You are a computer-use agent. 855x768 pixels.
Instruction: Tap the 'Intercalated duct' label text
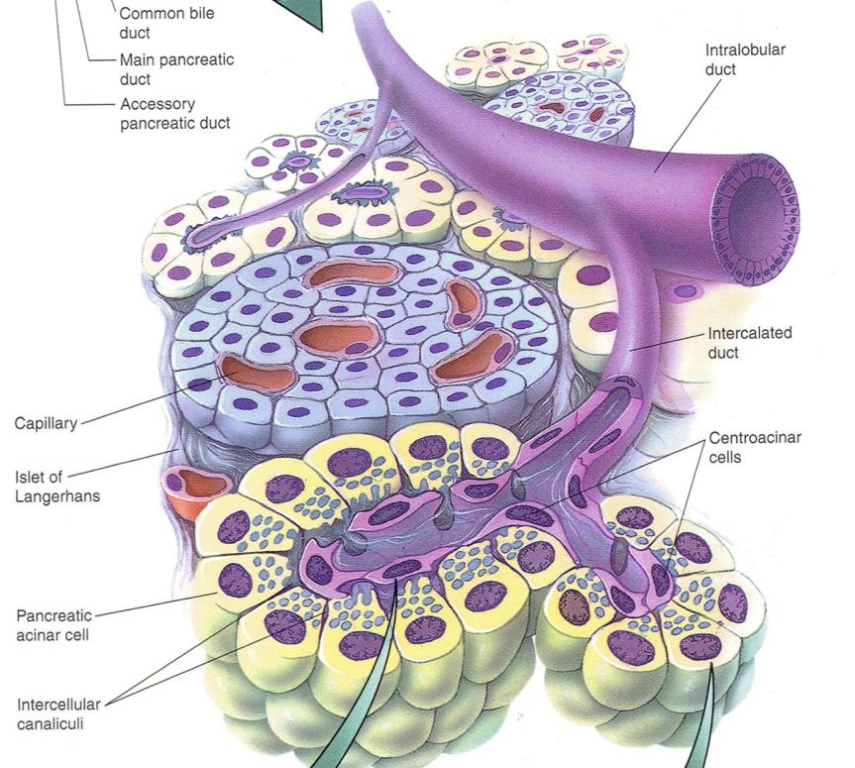pos(751,342)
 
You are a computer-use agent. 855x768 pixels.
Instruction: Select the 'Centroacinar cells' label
pos(752,447)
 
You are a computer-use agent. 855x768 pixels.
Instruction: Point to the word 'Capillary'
pos(46,424)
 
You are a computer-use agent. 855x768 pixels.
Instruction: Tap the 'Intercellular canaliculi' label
pos(58,714)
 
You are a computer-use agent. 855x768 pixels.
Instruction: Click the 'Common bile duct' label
pos(165,23)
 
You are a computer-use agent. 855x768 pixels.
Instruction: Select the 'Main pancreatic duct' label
pos(176,68)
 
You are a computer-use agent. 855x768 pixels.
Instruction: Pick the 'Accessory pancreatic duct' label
pos(174,113)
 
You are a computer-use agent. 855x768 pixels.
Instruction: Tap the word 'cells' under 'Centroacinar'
pos(727,457)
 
